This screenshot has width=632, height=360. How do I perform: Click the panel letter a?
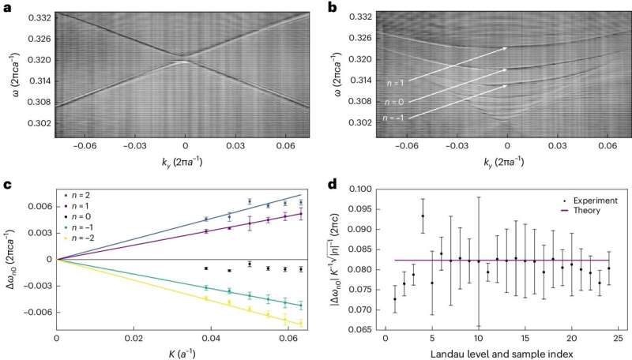point(7,7)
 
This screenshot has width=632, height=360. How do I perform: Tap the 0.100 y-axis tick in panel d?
point(363,190)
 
